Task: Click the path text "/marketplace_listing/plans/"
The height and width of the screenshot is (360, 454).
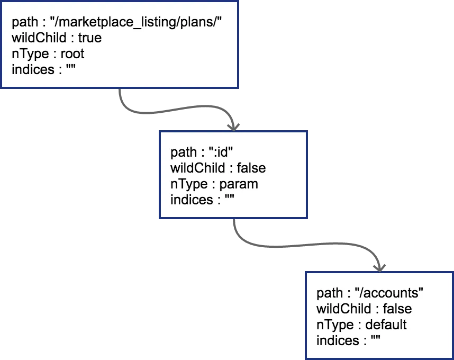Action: tap(136, 22)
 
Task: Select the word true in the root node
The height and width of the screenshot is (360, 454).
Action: tap(90, 38)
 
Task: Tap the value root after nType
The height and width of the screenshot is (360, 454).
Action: tap(72, 54)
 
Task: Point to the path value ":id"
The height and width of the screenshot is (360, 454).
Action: tap(221, 152)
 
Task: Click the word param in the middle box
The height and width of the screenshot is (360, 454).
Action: tap(239, 184)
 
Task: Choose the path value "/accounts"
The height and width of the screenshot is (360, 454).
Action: tap(389, 293)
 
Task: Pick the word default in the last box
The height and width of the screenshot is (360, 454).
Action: tap(386, 325)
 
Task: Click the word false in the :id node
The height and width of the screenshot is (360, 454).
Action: tap(251, 168)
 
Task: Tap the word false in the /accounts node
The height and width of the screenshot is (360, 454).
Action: tap(397, 309)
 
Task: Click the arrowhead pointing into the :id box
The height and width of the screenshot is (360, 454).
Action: tap(233, 127)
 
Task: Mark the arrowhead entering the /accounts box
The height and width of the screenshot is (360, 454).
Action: tap(379, 268)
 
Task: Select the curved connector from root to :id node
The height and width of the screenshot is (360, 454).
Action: tap(173, 110)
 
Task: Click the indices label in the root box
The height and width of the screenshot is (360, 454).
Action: tap(33, 70)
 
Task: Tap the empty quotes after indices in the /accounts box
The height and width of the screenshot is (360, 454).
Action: tap(375, 339)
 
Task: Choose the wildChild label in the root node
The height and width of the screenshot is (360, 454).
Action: tap(39, 38)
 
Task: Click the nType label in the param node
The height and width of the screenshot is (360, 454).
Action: tap(189, 184)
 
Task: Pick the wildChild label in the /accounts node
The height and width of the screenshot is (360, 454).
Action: tap(344, 309)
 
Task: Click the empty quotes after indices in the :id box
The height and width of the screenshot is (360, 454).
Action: tap(229, 198)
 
